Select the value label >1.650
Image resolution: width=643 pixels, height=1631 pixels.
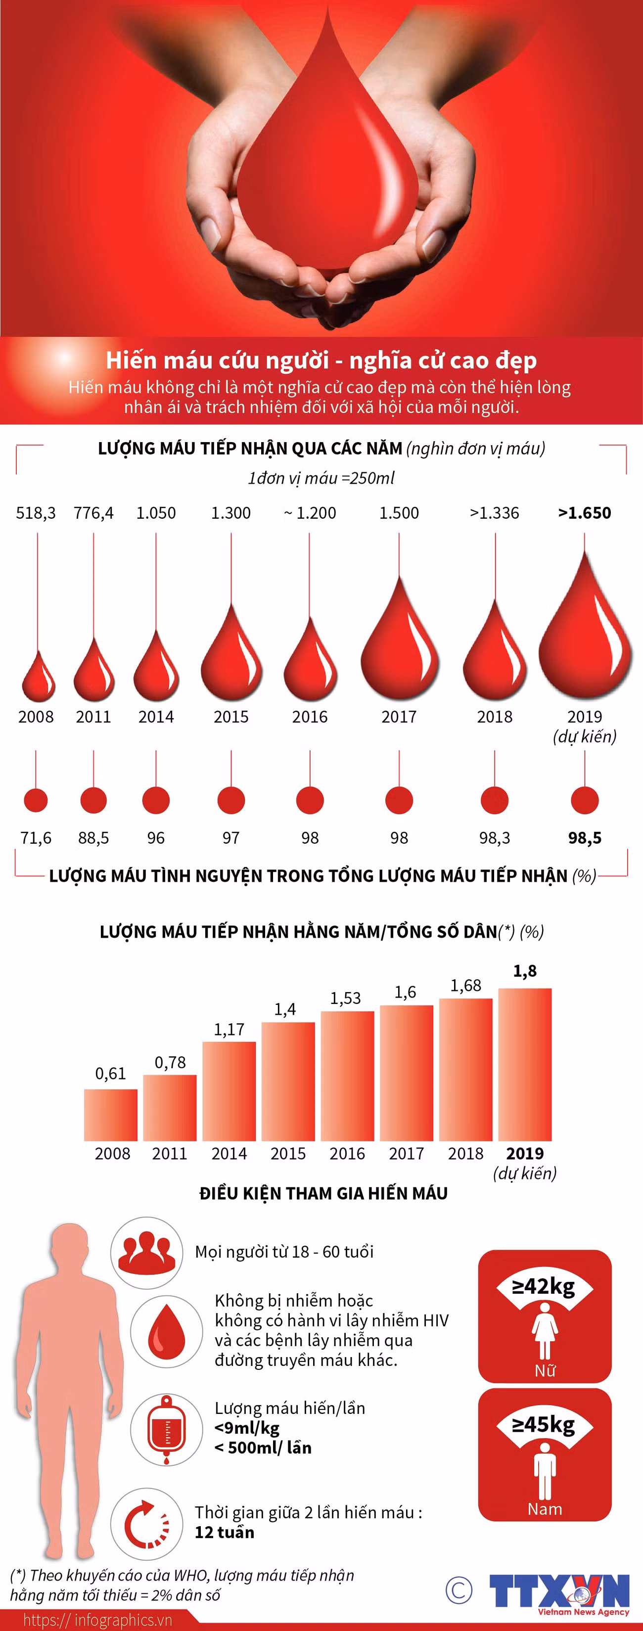point(584,513)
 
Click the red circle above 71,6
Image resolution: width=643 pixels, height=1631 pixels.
point(36,800)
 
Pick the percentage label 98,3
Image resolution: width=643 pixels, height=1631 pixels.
point(494,838)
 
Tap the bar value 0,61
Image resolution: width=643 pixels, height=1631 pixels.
point(110,1073)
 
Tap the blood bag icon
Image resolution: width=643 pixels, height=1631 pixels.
point(167,1429)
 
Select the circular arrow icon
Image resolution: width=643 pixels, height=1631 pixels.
point(146,1523)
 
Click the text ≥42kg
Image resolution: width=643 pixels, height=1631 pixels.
point(544,1287)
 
